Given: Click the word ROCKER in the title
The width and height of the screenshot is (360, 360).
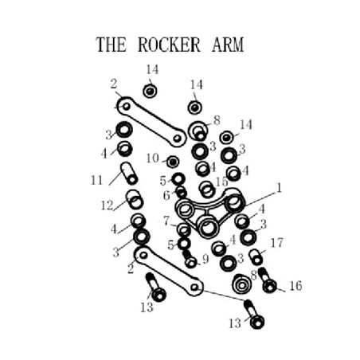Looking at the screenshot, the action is tap(169, 45).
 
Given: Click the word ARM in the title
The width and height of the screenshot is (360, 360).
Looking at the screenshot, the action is tap(228, 45).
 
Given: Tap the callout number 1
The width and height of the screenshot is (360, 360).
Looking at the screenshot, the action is tap(279, 188).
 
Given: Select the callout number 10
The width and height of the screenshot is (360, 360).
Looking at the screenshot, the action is tap(153, 158).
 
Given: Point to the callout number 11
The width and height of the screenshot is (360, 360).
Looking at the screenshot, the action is tap(96, 181).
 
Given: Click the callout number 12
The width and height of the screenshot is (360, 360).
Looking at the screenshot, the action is tap(107, 205).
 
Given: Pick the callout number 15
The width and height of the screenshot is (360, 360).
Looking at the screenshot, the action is tap(221, 182).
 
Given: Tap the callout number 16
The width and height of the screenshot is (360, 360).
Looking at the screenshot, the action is tap(295, 286).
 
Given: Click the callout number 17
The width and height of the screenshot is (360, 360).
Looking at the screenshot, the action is tap(276, 243).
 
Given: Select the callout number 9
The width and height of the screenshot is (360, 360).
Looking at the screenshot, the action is tap(205, 259).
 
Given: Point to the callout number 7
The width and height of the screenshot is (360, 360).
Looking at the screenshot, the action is tap(166, 221).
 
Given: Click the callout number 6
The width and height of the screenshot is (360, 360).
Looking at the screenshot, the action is tap(166, 196).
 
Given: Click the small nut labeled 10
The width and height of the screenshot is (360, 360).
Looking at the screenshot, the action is tap(173, 162).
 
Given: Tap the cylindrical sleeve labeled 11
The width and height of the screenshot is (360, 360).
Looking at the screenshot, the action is tap(129, 174).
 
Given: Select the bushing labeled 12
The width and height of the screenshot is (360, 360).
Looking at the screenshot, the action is tap(135, 199).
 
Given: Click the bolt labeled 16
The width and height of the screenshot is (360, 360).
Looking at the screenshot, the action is tap(268, 280).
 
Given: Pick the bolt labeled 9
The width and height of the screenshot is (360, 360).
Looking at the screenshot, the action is tap(190, 259).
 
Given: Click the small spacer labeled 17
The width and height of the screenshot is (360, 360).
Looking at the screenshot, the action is tap(256, 257).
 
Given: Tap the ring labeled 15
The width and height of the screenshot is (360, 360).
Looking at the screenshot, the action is tap(207, 190).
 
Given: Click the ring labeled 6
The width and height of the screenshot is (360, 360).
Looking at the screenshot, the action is tap(182, 192).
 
